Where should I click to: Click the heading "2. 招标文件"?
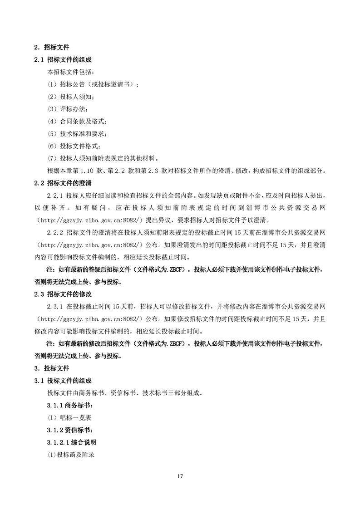[x=52, y=47]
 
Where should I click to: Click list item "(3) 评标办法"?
[x=68, y=109]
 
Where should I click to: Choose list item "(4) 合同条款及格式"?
[x=77, y=121]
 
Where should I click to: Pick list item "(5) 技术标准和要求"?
[x=77, y=133]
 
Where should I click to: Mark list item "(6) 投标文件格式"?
[x=74, y=146]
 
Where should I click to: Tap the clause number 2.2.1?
[x=55, y=196]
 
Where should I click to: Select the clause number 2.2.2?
[x=55, y=232]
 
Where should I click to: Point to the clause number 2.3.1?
[x=55, y=307]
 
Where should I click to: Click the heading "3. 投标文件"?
[x=52, y=368]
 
